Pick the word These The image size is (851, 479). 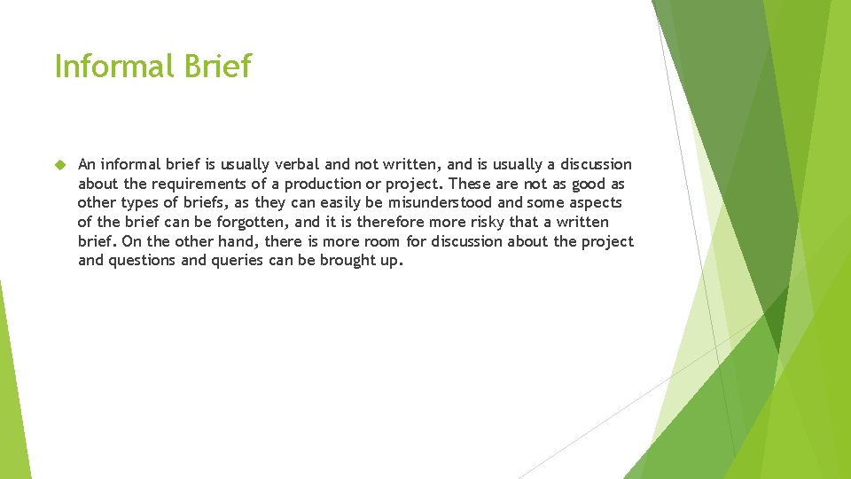(470, 184)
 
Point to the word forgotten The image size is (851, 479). (248, 223)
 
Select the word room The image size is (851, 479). (383, 242)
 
